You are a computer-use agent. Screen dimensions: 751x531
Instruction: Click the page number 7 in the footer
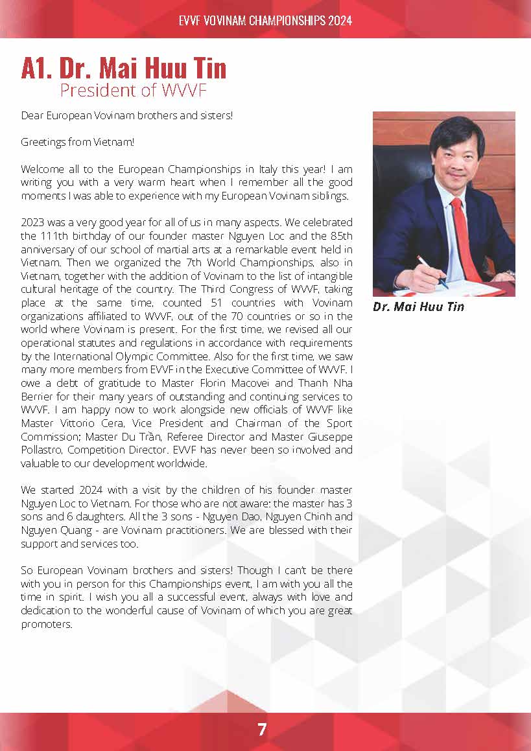point(262,730)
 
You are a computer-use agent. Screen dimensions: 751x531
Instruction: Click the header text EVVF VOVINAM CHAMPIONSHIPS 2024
point(265,21)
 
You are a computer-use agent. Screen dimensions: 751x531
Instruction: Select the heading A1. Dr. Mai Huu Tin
point(123,69)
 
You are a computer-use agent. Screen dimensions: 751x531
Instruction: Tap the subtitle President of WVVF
point(133,90)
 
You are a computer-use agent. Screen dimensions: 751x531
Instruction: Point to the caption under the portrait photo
point(418,307)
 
